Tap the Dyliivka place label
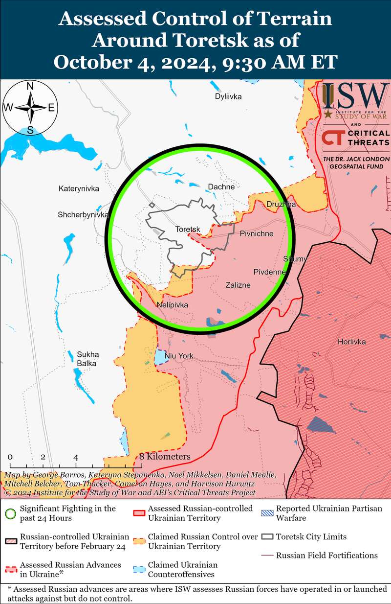[228, 96]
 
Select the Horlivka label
[351, 342]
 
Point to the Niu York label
[179, 356]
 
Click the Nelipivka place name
[172, 305]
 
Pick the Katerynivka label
[79, 188]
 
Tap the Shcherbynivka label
[83, 214]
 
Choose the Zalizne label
[238, 285]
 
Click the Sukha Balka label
[87, 359]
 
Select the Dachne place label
[221, 186]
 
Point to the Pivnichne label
[257, 233]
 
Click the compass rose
[30, 108]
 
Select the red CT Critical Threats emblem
[332, 138]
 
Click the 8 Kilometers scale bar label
[165, 457]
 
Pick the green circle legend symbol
[9, 513]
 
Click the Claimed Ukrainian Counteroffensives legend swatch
[138, 569]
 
